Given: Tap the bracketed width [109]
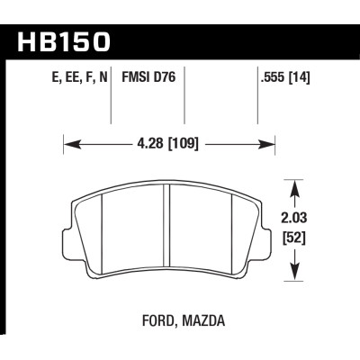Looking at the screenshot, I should (183, 141).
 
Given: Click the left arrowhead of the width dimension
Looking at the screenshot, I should (68, 141).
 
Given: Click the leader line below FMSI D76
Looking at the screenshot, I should (184, 106).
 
